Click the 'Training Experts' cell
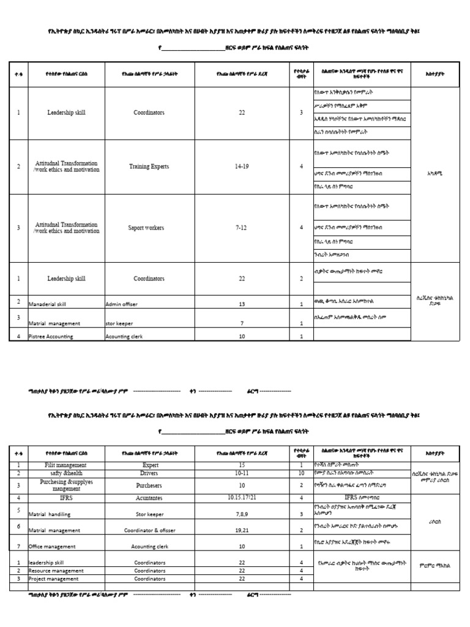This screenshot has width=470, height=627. [149, 167]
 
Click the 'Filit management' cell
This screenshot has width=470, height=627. [66, 465]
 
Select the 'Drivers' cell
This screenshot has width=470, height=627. [149, 473]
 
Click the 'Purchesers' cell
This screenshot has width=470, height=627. [149, 486]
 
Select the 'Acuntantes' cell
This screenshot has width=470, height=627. [149, 498]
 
